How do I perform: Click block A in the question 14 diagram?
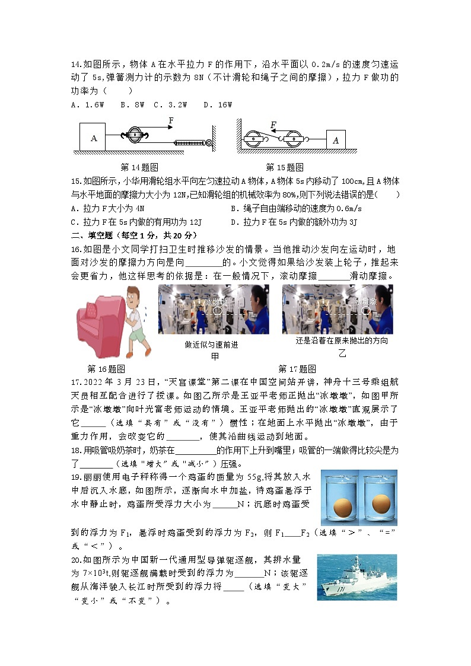pos(93,137)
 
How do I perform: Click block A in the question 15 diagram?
pos(336,140)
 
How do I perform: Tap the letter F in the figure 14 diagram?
pos(171,120)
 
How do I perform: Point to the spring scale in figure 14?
pos(190,142)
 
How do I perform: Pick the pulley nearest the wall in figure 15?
pos(254,140)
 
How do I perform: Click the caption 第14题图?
pos(139,167)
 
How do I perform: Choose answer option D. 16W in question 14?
pos(218,105)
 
